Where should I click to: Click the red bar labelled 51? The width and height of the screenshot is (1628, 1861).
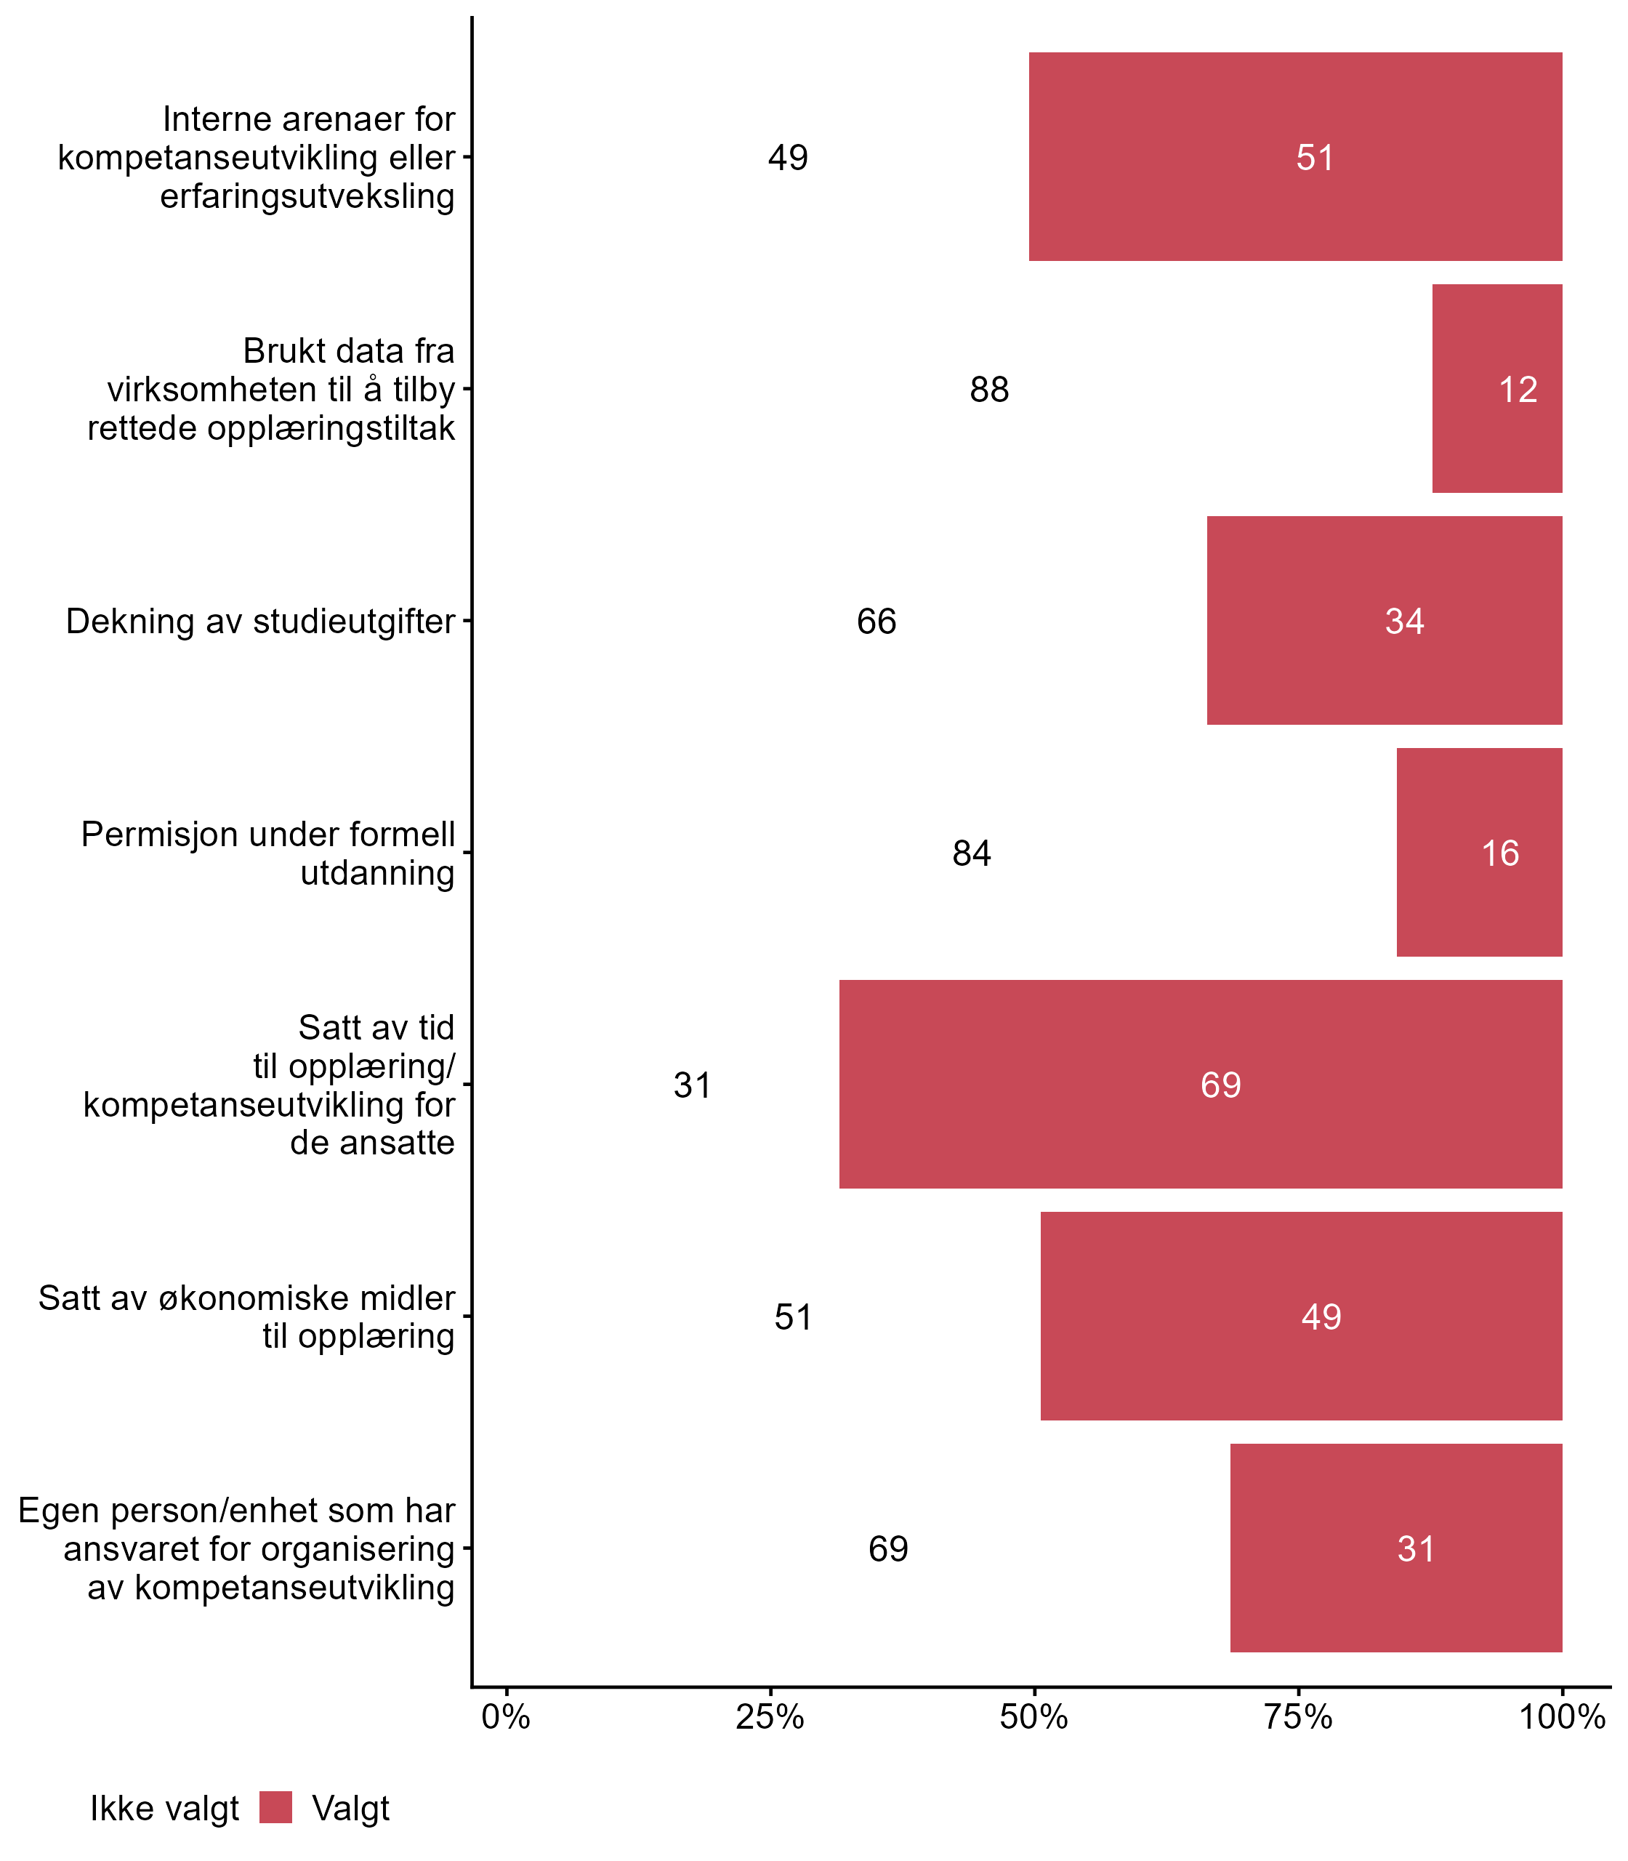[1294, 156]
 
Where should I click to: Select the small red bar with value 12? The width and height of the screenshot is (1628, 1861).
[1496, 388]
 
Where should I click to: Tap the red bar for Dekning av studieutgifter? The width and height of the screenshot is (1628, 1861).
[1384, 621]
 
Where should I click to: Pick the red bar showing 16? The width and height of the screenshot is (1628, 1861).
[1479, 852]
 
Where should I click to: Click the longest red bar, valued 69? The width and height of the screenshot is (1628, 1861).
[1200, 1084]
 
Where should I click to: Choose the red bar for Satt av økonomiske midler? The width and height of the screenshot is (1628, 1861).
[1301, 1316]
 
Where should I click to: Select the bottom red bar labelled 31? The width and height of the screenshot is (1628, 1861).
[1395, 1548]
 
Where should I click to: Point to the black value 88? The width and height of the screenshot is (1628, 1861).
[989, 390]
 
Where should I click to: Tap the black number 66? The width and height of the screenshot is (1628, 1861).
[876, 622]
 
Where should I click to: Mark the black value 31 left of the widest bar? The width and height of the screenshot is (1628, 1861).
[692, 1085]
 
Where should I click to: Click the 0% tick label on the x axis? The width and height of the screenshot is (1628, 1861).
[506, 1717]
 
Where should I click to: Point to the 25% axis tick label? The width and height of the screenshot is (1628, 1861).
[770, 1717]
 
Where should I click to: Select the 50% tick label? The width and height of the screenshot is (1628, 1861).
[1033, 1717]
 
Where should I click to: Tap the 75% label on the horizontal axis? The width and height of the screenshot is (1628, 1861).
[1298, 1717]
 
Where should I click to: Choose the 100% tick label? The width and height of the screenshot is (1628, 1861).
[1562, 1717]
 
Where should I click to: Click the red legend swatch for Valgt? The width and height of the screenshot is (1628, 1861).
[275, 1807]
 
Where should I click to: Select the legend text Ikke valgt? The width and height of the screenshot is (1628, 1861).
[164, 1809]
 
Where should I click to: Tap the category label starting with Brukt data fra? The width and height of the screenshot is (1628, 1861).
[272, 389]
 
